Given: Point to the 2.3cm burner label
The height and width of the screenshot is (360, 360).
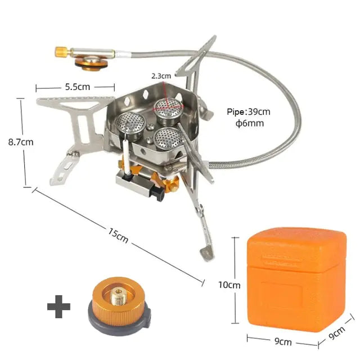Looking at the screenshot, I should tap(161, 75).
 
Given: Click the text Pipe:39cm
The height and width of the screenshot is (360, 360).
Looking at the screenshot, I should tap(249, 111).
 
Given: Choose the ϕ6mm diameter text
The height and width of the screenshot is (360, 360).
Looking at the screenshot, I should tap(250, 123).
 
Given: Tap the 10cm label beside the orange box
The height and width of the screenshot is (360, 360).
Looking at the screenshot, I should tap(229, 285).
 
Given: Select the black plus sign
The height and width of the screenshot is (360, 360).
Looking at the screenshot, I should tap(58, 307).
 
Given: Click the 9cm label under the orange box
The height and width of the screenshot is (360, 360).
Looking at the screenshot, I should tap(283, 341).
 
